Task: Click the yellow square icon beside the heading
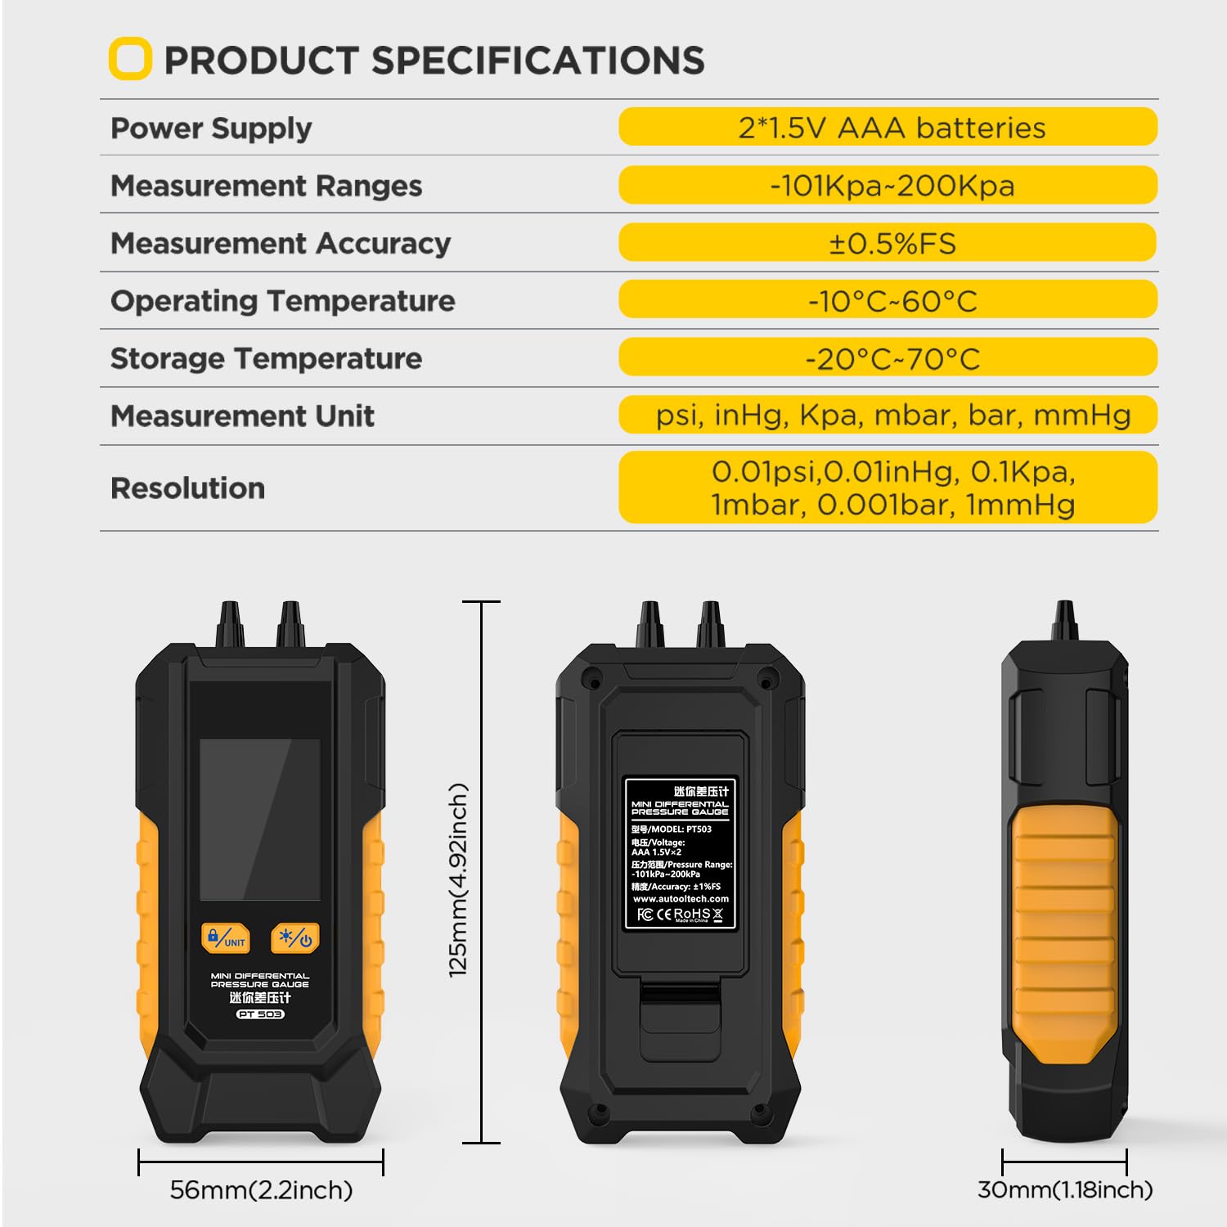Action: [130, 59]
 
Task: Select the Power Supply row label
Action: [211, 128]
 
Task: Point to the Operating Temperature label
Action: [282, 301]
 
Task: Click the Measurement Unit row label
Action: [242, 416]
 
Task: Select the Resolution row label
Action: [187, 488]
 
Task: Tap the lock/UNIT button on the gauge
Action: [225, 938]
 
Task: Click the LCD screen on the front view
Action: [260, 818]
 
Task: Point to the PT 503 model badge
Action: [260, 1014]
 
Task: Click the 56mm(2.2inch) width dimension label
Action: [261, 1189]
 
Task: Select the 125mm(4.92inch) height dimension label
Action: [458, 879]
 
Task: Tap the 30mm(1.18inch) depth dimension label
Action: [1065, 1189]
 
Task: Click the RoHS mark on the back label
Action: [691, 914]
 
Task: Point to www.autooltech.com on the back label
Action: [681, 899]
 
